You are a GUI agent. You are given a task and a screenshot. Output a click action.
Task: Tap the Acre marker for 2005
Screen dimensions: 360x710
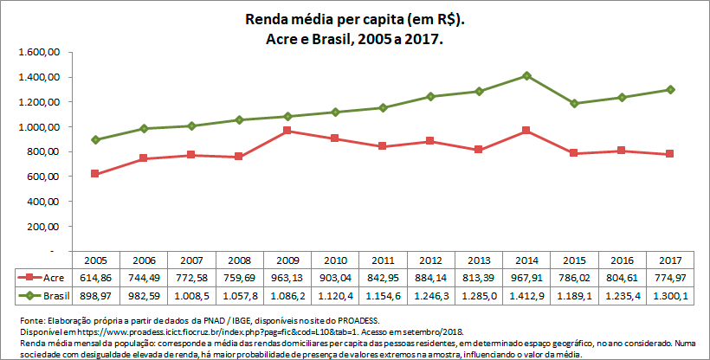pos(95,174)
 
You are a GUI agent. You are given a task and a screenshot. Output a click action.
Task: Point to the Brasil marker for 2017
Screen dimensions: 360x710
pos(671,89)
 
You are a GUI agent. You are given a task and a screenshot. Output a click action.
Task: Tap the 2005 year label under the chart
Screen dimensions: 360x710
pos(95,260)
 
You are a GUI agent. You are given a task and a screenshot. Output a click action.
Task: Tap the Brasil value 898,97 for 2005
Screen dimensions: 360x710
pos(95,295)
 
